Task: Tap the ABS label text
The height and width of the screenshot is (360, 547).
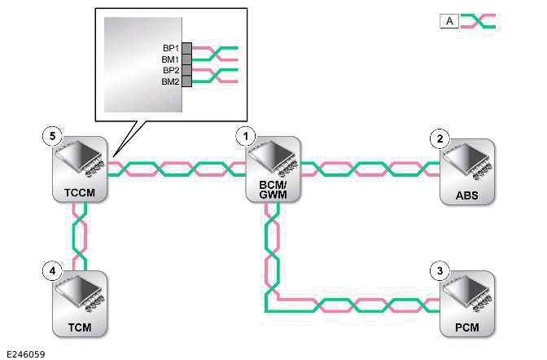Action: [x=466, y=196]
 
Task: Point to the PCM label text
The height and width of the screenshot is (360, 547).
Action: [x=466, y=330]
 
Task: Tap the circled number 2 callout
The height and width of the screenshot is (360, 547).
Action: [x=440, y=138]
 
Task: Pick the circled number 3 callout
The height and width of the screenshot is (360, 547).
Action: [x=440, y=271]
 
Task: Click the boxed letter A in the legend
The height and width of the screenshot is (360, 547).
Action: [x=449, y=21]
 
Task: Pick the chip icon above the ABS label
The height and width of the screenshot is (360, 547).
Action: [x=466, y=163]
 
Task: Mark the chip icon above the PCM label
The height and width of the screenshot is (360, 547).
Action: [x=466, y=296]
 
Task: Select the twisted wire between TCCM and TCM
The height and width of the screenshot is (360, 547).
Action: [x=79, y=236]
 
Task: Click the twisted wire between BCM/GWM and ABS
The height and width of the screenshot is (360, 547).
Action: [x=370, y=169]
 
